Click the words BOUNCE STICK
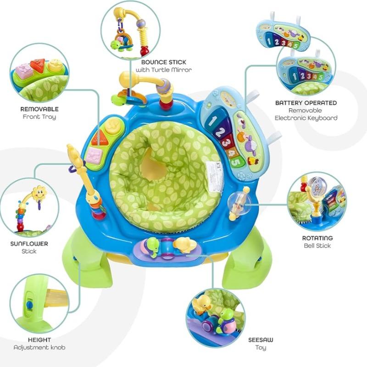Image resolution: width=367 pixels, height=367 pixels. pyautogui.click(x=164, y=62)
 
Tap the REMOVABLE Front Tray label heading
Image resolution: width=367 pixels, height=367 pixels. pyautogui.click(x=39, y=109)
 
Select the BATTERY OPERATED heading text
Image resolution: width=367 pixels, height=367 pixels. pyautogui.click(x=306, y=103)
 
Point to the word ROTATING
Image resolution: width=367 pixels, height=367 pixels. pyautogui.click(x=317, y=238)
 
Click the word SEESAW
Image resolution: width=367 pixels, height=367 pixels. pyautogui.click(x=261, y=340)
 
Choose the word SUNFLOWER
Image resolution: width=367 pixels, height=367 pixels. pyautogui.click(x=29, y=244)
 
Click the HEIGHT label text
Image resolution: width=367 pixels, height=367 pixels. pyautogui.click(x=39, y=340)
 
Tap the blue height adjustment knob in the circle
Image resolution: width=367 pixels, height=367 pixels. pyautogui.click(x=29, y=305)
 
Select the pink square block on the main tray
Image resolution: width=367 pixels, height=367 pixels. pyautogui.click(x=95, y=156)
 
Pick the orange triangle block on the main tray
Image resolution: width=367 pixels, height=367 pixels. pyautogui.click(x=99, y=138)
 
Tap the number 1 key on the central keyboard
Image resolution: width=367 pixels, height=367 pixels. pyautogui.click(x=213, y=121)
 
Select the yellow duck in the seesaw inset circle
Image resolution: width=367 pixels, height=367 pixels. pyautogui.click(x=203, y=304)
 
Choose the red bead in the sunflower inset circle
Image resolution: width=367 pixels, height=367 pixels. pyautogui.click(x=21, y=227)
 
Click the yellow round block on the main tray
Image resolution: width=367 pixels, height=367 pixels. pyautogui.click(x=113, y=125)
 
